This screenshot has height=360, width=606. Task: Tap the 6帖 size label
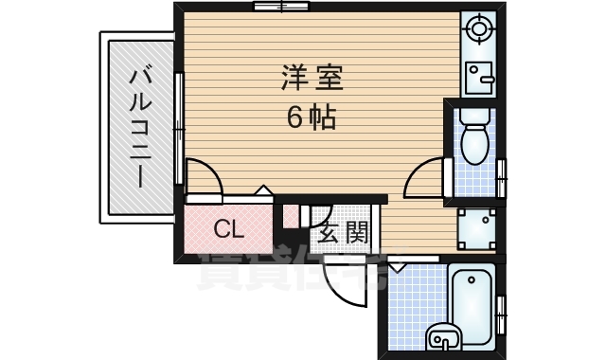(311, 119)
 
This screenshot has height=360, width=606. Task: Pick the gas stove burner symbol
(479, 28)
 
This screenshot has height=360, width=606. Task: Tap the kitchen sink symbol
(479, 75)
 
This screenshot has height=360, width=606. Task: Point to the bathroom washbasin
(442, 334)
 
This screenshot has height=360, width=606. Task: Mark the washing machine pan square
(477, 226)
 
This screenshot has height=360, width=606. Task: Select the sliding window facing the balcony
(179, 128)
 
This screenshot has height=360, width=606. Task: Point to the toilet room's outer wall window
(503, 175)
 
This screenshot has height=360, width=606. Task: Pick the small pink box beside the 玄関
(290, 215)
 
